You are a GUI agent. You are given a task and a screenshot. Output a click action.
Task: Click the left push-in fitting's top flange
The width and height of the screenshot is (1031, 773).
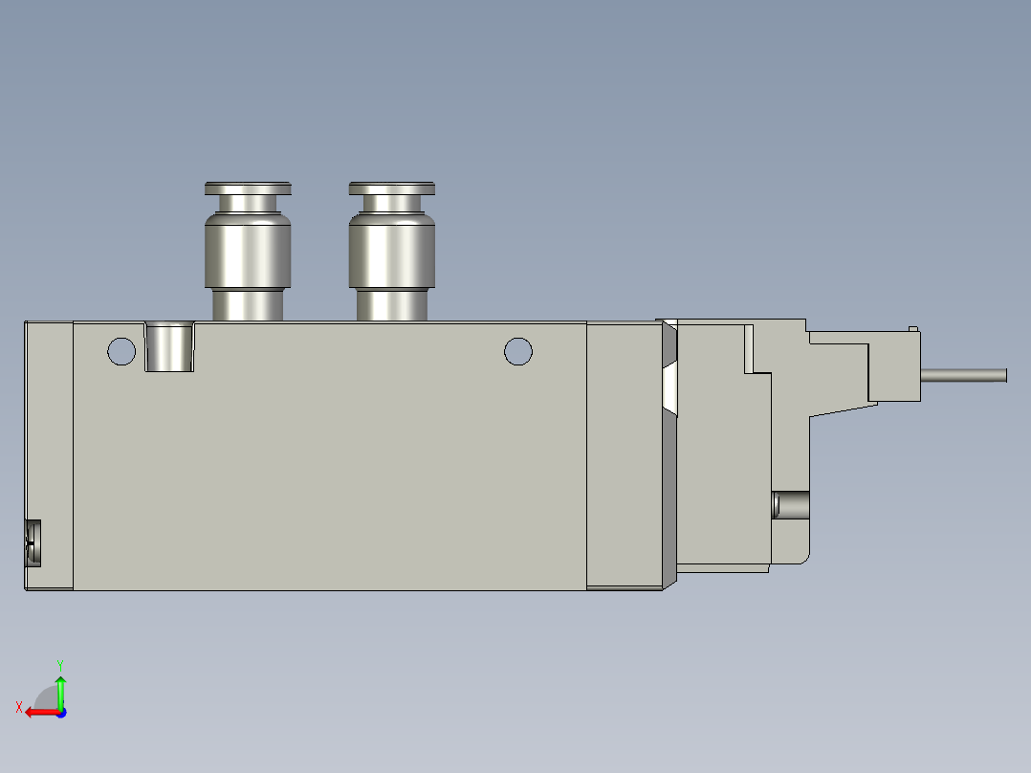click(248, 188)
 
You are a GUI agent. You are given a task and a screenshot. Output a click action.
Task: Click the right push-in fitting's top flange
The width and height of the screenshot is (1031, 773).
click(392, 188)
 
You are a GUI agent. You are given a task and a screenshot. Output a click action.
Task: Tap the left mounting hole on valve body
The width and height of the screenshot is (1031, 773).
click(121, 351)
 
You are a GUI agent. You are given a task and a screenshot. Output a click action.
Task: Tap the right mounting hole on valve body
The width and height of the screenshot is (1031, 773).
click(517, 351)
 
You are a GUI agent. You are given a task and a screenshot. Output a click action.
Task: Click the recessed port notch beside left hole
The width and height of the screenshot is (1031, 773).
click(170, 346)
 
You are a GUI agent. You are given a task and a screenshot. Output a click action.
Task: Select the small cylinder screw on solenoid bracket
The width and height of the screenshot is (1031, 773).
click(790, 503)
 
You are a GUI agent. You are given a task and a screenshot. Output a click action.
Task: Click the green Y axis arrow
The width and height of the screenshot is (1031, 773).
click(60, 688)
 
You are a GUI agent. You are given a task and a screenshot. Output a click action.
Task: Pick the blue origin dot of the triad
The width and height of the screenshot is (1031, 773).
click(60, 712)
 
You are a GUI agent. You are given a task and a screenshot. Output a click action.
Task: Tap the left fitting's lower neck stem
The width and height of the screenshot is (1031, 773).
click(248, 305)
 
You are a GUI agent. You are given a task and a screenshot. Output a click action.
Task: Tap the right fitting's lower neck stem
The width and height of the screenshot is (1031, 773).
click(392, 305)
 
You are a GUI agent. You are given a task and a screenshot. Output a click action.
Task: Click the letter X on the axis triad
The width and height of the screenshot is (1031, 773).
click(19, 707)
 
